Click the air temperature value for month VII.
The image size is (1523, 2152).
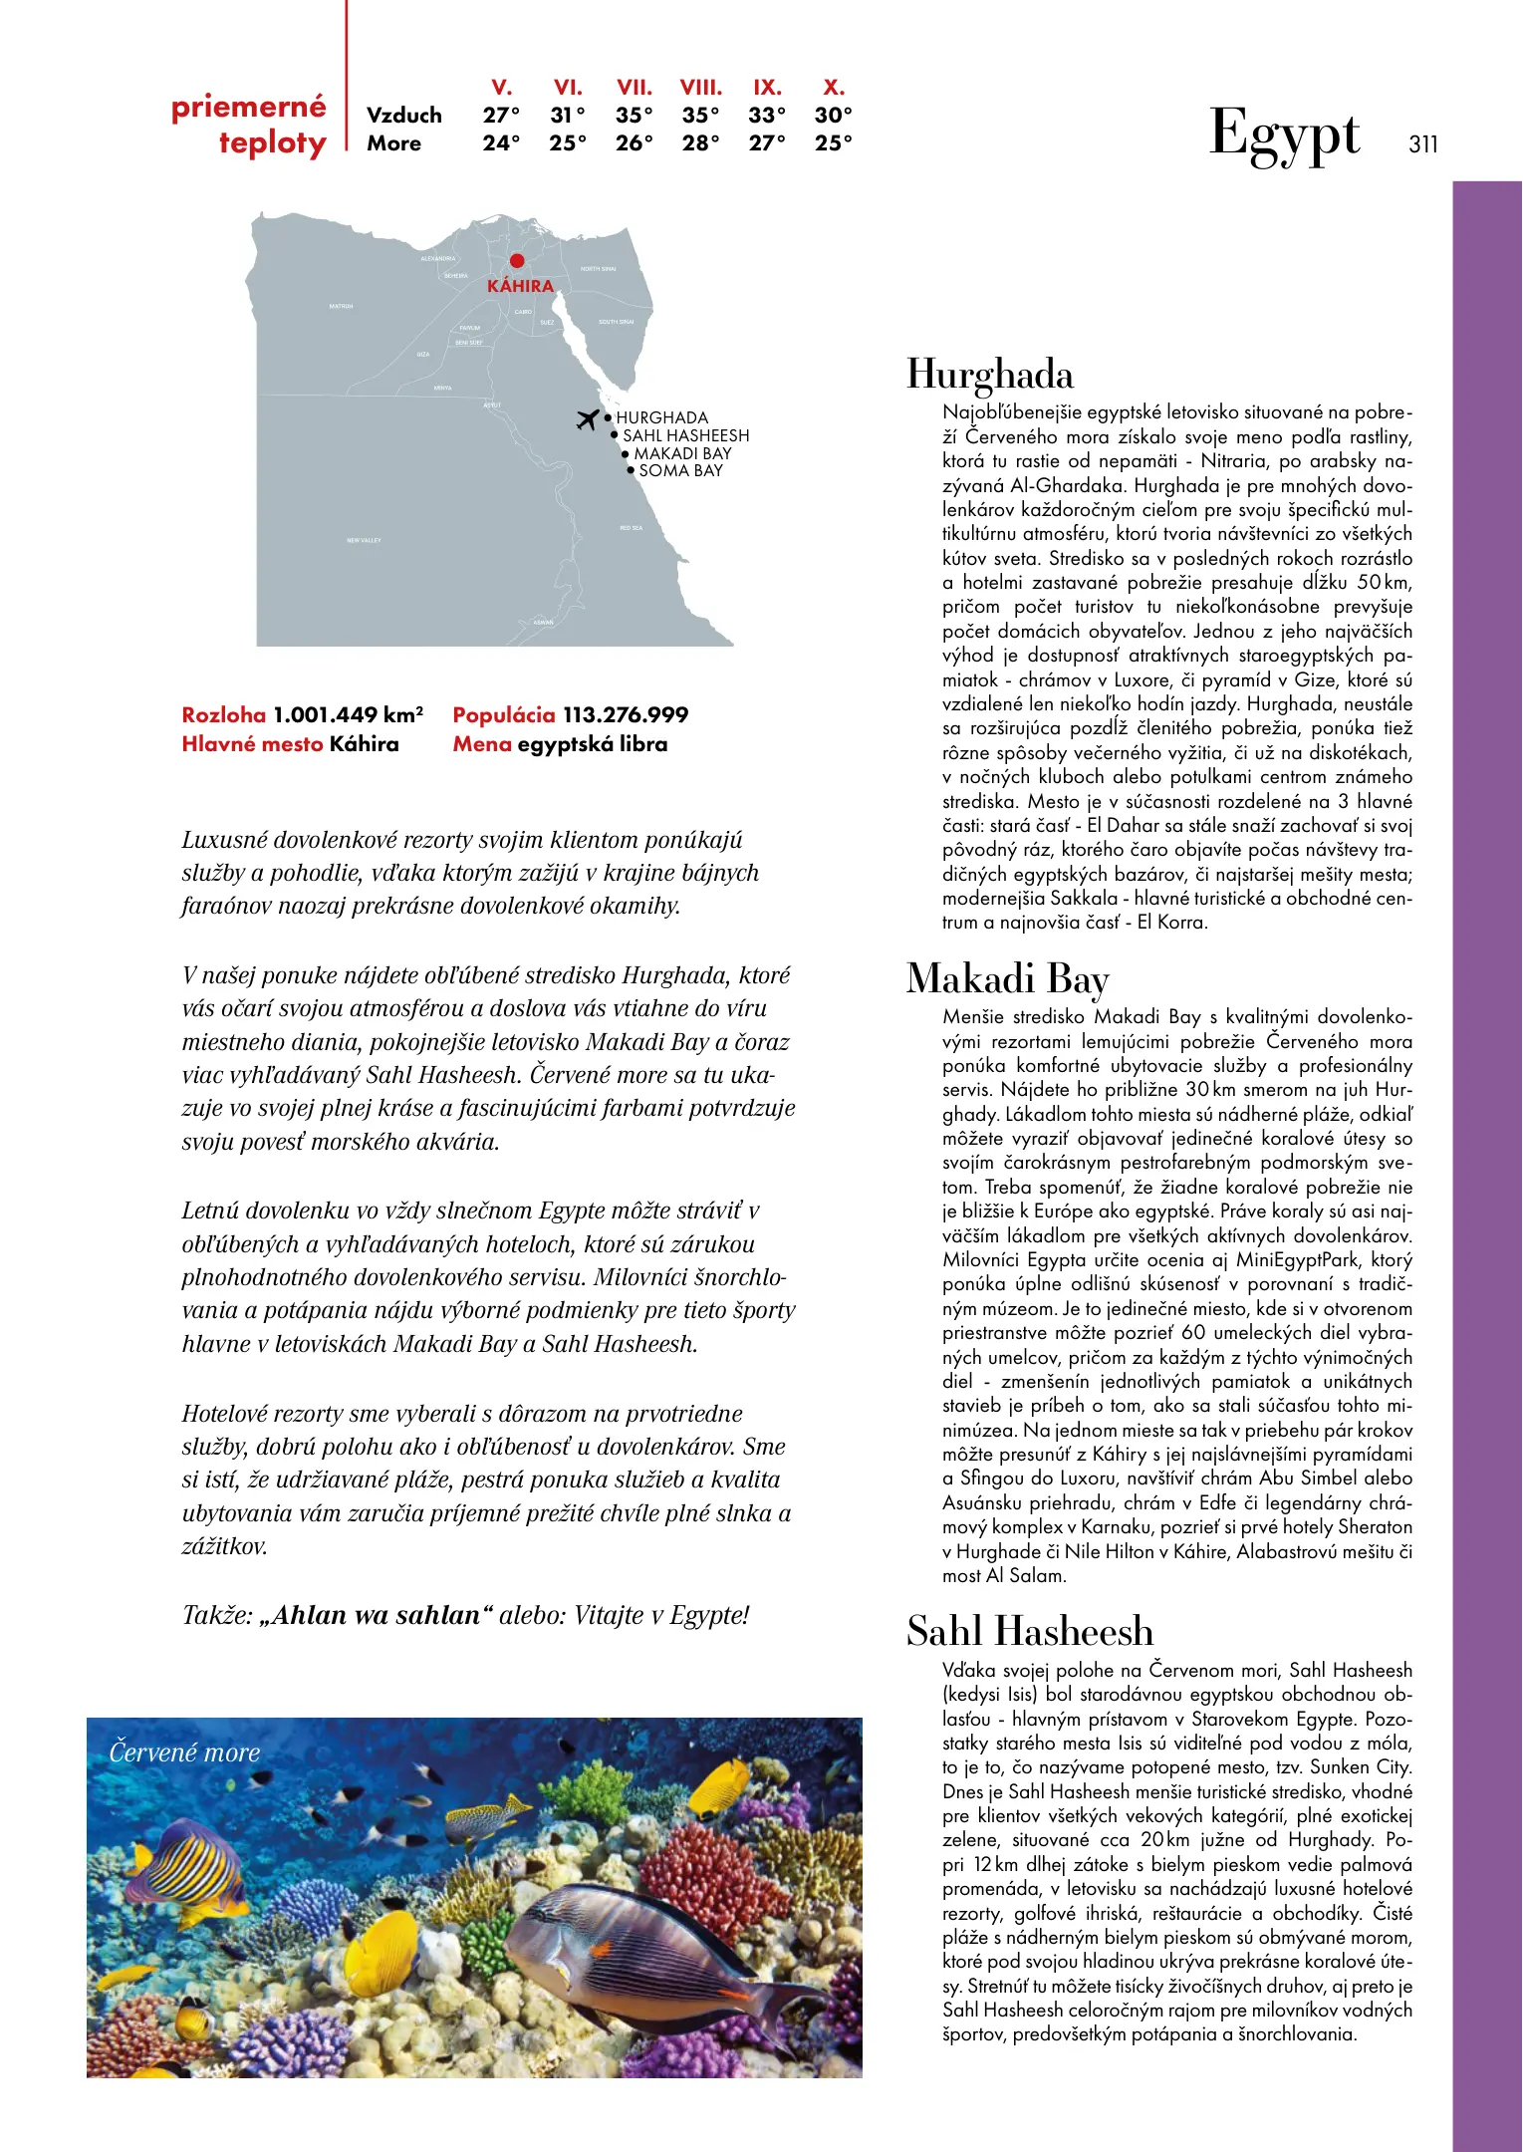point(634,116)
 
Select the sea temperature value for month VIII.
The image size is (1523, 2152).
point(700,143)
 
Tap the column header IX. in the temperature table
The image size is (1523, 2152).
point(767,88)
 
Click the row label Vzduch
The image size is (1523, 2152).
point(403,116)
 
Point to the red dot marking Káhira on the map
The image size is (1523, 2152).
point(517,261)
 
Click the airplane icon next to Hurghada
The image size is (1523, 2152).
point(589,419)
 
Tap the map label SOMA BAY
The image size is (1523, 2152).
point(680,471)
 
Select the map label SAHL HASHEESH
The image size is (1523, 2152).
point(685,436)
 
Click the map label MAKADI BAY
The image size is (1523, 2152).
point(682,454)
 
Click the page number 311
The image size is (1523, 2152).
point(1423,144)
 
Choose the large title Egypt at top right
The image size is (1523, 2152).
point(1284,135)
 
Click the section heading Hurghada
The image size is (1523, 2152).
point(990,376)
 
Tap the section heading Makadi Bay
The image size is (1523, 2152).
point(1007,979)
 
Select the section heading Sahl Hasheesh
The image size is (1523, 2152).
point(1030,1632)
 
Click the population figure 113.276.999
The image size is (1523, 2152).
point(626,715)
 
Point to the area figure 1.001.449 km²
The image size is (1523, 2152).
point(349,715)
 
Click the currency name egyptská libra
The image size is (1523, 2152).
point(593,744)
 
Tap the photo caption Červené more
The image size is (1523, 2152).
point(184,1752)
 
